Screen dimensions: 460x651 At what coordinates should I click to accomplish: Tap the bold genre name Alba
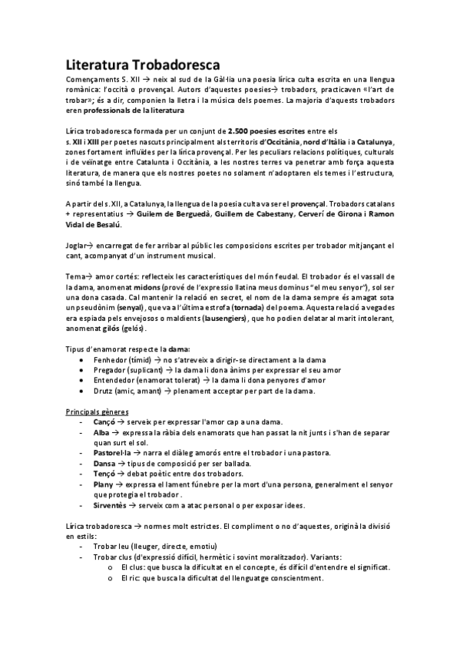click(x=101, y=433)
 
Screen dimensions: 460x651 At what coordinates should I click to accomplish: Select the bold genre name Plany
click(x=104, y=485)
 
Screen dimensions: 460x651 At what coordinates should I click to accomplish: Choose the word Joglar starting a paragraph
click(x=77, y=245)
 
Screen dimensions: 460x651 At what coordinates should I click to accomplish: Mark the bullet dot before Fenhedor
click(x=82, y=359)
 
